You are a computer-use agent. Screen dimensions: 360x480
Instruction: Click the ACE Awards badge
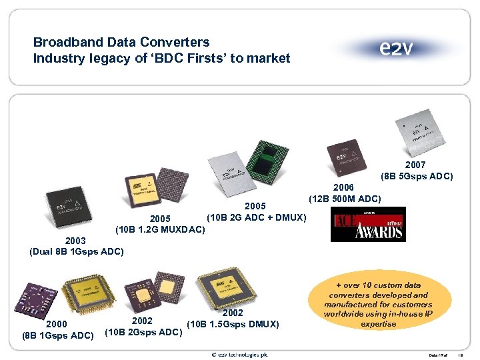pyautogui.click(x=368, y=224)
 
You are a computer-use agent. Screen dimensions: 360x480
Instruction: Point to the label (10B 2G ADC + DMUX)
pyautogui.click(x=256, y=217)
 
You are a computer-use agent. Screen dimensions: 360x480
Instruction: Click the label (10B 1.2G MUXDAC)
pyautogui.click(x=160, y=230)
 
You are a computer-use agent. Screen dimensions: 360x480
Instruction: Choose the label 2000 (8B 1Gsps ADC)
pyautogui.click(x=56, y=329)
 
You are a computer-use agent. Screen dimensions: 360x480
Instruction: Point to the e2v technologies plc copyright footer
pyautogui.click(x=239, y=353)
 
